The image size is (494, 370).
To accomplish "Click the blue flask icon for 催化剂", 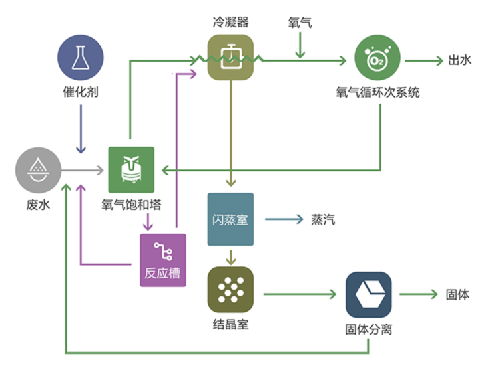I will [x=81, y=58].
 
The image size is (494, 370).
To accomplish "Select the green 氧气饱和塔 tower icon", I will [x=131, y=170].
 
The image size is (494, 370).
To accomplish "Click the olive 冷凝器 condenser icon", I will [x=231, y=57].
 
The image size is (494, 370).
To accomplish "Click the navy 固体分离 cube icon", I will [x=368, y=294].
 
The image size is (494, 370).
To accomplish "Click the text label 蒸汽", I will [x=323, y=219].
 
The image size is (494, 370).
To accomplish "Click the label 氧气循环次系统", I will [x=377, y=92].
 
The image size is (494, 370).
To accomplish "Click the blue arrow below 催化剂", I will [x=81, y=129].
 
